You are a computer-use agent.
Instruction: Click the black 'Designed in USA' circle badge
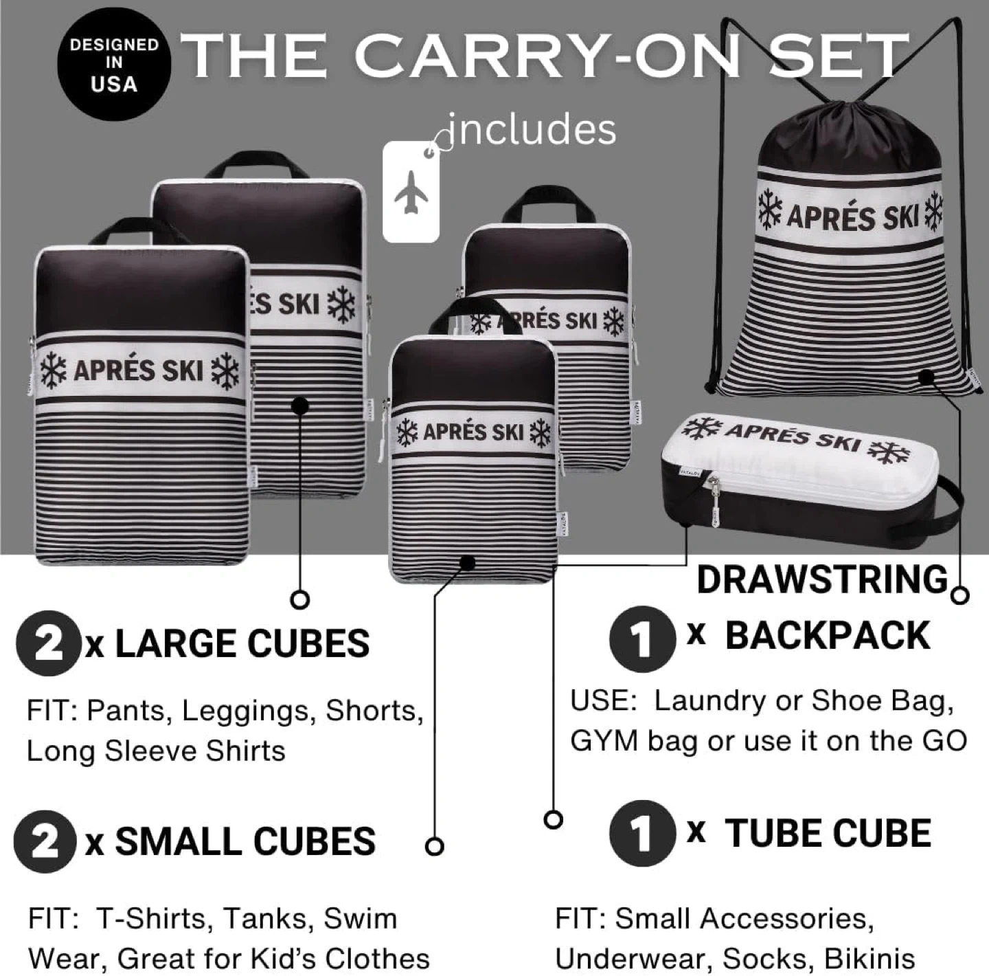(113, 65)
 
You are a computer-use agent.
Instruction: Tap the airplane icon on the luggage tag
(411, 192)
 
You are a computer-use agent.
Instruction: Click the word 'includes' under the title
(532, 130)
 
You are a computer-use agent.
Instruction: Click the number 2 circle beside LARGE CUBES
(48, 643)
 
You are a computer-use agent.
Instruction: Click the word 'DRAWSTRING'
(822, 579)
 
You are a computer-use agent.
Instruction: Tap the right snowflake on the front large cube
(226, 371)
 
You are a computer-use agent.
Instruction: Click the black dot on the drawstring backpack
(927, 377)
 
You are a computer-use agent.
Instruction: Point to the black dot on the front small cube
(467, 563)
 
